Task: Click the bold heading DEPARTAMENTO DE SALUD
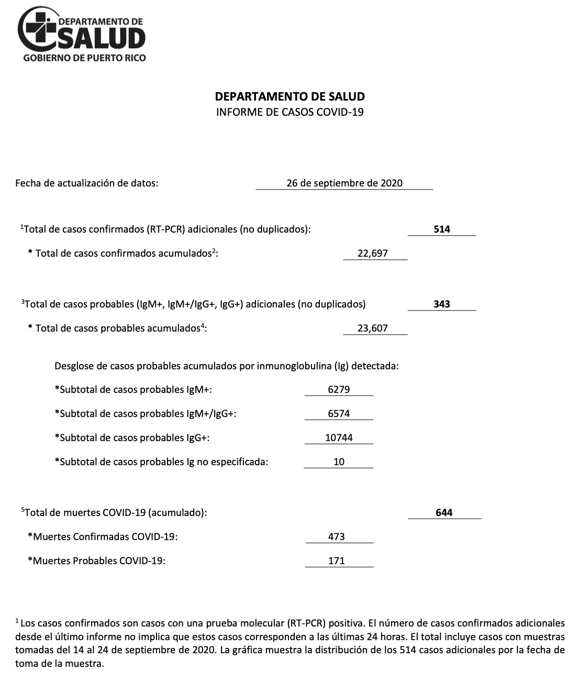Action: (x=289, y=96)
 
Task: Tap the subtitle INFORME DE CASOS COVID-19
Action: (x=289, y=112)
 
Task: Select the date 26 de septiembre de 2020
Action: (x=344, y=183)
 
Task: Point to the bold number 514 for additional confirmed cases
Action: (x=442, y=229)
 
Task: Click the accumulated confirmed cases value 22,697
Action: (x=372, y=254)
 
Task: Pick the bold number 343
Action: (x=442, y=304)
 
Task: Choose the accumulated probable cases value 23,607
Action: (x=372, y=328)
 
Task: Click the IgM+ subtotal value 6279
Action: (x=339, y=390)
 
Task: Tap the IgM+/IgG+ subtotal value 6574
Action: (x=339, y=414)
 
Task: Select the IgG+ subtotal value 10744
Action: (x=339, y=438)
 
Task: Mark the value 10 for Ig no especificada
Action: (x=339, y=462)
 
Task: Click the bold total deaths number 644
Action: (x=444, y=512)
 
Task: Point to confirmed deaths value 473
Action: (x=336, y=536)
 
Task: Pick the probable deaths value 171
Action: (x=336, y=561)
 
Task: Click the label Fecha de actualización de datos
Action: (x=87, y=183)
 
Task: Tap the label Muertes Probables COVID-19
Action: (x=96, y=561)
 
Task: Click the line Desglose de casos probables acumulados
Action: (x=227, y=366)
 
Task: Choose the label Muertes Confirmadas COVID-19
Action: (x=103, y=536)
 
